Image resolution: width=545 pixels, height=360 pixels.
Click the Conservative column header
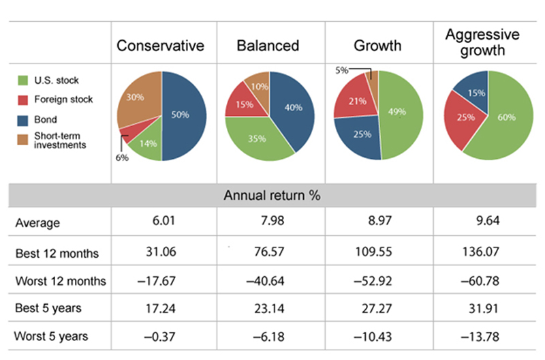click(x=161, y=46)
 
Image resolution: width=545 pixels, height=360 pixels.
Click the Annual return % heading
click(x=272, y=196)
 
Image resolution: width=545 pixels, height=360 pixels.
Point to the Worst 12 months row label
click(x=61, y=281)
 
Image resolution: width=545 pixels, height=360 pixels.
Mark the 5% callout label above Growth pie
click(x=341, y=69)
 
